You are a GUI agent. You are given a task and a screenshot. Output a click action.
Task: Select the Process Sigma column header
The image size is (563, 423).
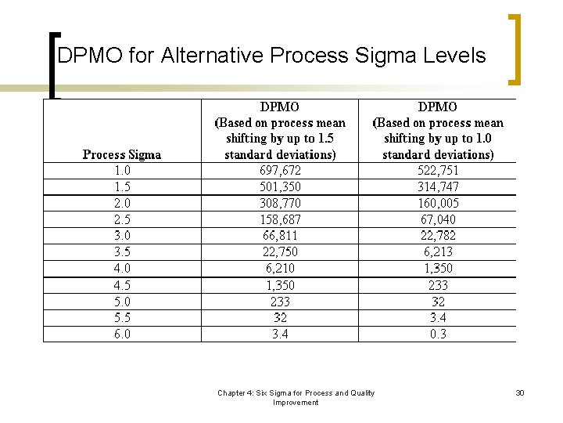point(122,154)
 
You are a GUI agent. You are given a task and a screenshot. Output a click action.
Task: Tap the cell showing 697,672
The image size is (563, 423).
point(280,171)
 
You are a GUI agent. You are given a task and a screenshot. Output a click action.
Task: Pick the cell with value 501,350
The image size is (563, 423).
point(280,187)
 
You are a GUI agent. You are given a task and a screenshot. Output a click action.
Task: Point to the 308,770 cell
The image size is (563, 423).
point(280,204)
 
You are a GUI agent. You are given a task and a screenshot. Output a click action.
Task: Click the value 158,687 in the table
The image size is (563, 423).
point(280,220)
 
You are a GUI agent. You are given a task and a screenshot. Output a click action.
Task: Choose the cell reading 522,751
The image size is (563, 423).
point(438,171)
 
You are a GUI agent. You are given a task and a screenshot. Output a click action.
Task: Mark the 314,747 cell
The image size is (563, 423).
point(438,187)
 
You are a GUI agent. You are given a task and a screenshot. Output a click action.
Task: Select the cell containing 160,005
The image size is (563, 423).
point(438,204)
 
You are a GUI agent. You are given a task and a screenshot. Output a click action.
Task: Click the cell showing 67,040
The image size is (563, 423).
point(438,220)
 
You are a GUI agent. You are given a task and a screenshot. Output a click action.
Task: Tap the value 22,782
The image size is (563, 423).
point(438,236)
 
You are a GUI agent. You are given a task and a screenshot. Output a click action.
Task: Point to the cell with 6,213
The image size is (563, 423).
point(438,252)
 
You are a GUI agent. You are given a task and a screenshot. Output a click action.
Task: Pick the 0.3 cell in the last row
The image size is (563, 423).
point(438,334)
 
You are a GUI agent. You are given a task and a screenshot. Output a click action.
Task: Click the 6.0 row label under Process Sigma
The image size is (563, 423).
point(122,334)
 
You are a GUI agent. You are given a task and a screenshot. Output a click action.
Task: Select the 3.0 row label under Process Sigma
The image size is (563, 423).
point(122,236)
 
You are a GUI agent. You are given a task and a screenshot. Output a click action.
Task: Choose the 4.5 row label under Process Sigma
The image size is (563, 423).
point(122,285)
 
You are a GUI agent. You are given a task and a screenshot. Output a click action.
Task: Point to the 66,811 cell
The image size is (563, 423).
point(280,236)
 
